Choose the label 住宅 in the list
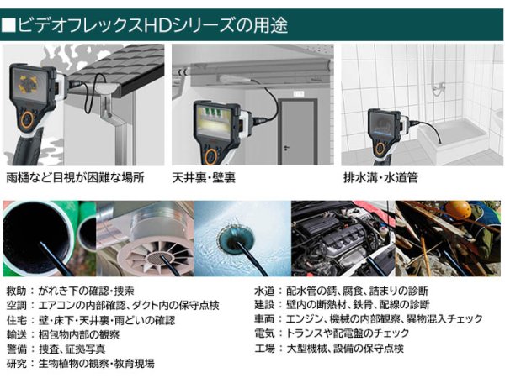point(17,320)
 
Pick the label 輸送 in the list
point(17,334)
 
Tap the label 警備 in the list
point(17,349)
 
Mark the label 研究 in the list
point(17,364)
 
